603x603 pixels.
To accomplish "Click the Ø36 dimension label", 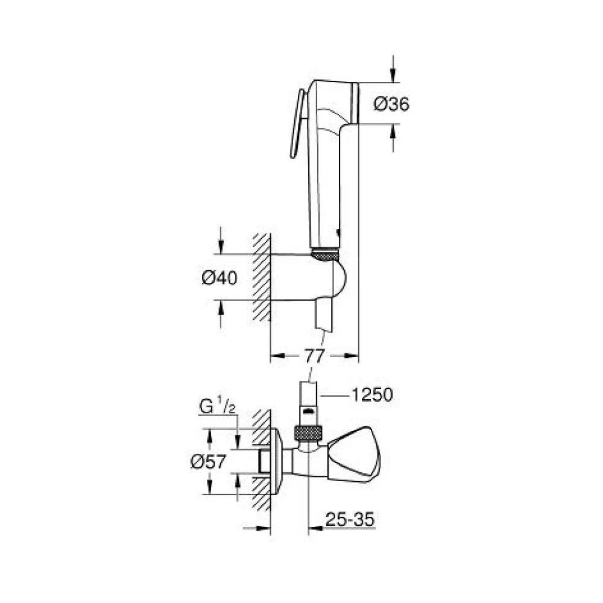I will click(391, 104).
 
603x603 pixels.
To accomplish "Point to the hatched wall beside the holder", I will click(261, 277).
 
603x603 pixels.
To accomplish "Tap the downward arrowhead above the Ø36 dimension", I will click(393, 75).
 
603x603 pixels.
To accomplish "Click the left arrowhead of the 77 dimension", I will click(274, 355).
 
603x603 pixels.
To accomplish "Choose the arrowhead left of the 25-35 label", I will click(313, 528).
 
